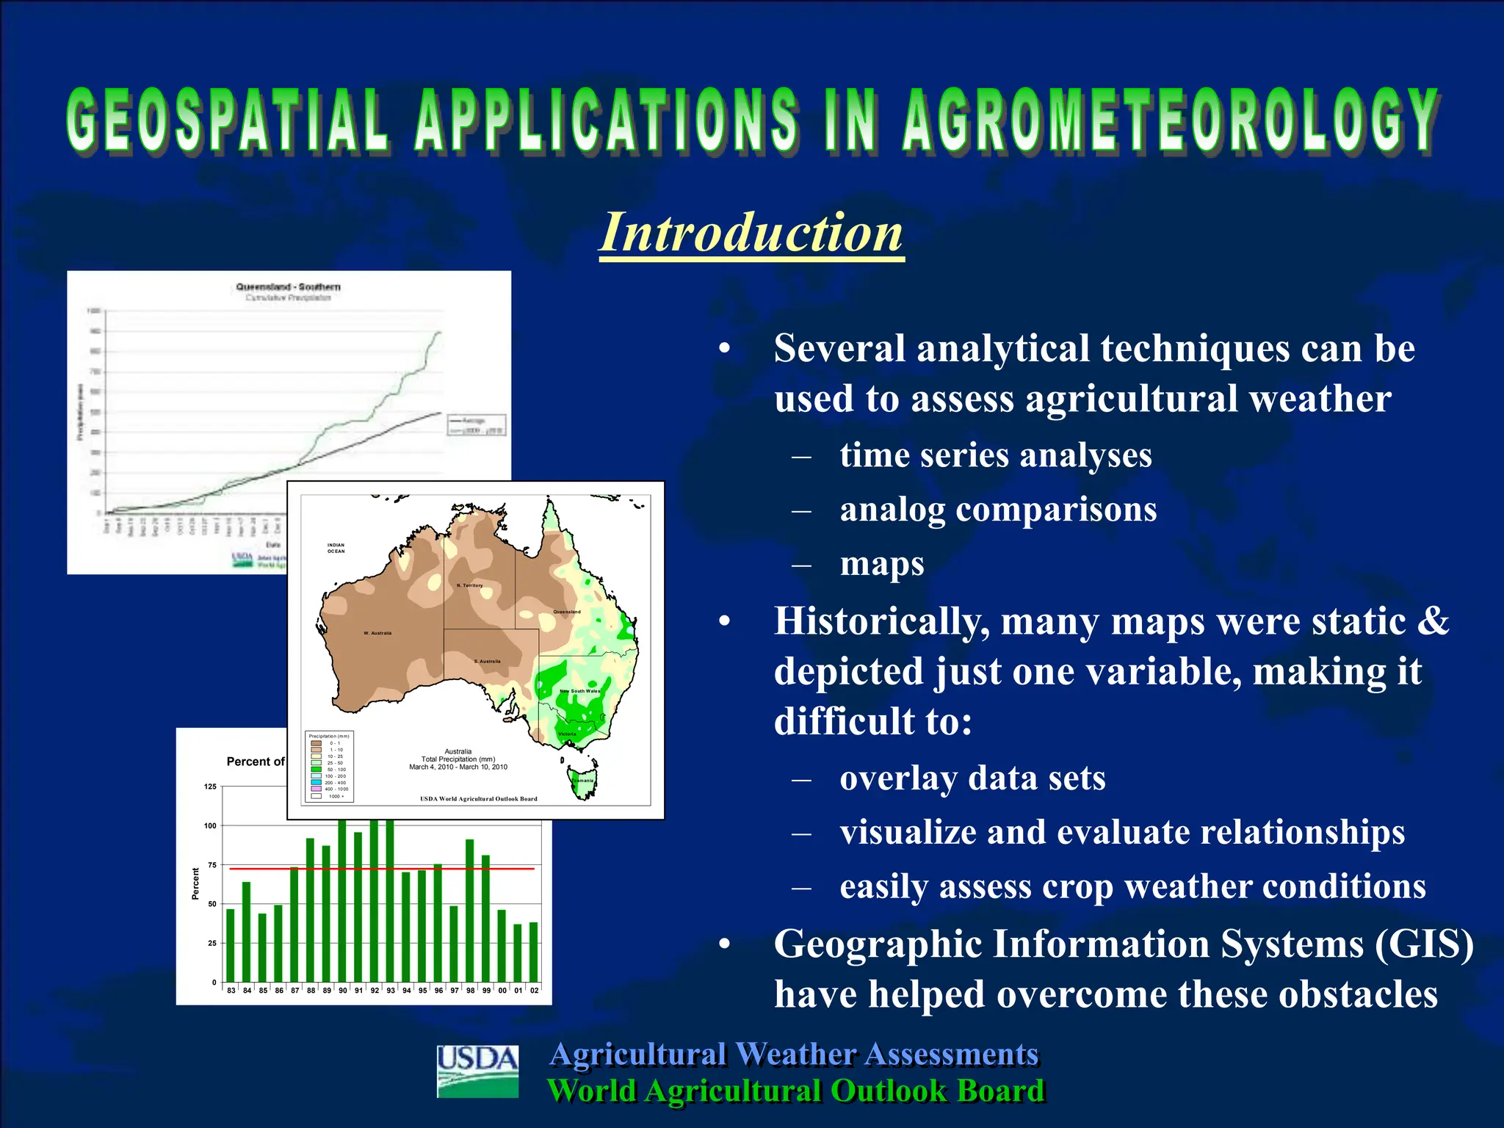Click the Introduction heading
coord(751,233)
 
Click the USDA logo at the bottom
coord(477,1071)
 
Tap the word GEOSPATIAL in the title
coord(228,121)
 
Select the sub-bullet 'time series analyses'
coord(995,455)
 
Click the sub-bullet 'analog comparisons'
coord(997,510)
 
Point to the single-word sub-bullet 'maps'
coord(881,564)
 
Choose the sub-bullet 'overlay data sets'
coord(972,778)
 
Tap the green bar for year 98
coord(470,911)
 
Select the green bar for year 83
coord(231,946)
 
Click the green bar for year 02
coord(534,952)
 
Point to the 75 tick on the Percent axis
coord(211,865)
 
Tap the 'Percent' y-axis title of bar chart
coord(195,883)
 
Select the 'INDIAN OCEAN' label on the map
coord(336,548)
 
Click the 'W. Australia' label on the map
coord(377,633)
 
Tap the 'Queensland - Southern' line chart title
coord(288,286)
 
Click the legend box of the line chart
coord(476,425)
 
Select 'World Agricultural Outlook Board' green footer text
coord(795,1091)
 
